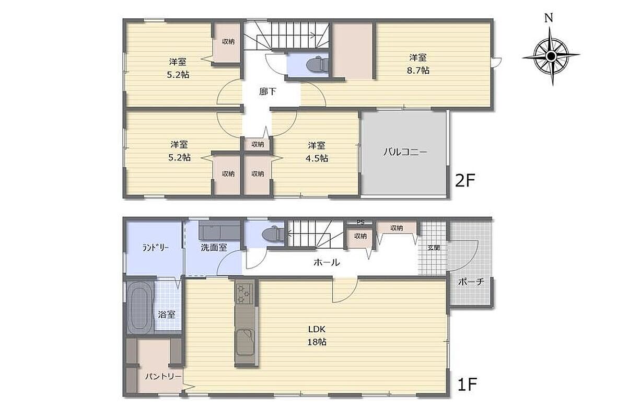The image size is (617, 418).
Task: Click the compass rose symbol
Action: (551, 56)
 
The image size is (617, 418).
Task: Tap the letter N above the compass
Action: (549, 18)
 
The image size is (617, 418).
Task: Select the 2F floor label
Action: (465, 181)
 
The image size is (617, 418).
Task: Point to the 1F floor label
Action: (467, 384)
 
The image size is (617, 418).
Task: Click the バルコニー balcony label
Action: (405, 152)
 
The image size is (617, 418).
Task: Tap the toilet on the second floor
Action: (318, 64)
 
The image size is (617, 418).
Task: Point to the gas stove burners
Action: (243, 293)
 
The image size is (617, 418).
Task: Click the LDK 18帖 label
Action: (317, 335)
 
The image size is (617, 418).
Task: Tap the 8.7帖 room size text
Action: (418, 71)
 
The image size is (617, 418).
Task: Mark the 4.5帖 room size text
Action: (317, 158)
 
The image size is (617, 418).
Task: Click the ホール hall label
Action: (327, 262)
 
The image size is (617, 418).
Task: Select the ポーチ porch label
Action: (471, 282)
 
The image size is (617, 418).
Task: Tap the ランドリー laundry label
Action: (156, 248)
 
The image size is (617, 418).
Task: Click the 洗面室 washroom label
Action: (214, 248)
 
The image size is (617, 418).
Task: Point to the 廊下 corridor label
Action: (267, 92)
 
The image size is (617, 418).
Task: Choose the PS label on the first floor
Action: (360, 223)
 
